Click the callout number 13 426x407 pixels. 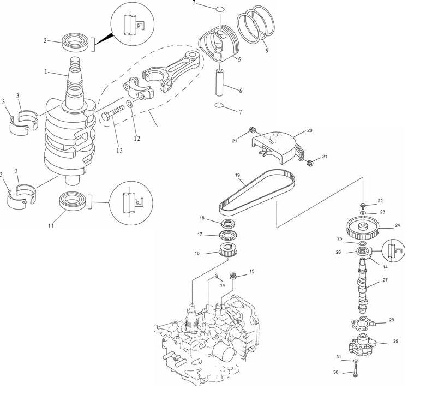tap(119, 151)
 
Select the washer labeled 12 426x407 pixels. tap(130, 104)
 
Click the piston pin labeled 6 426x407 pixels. tap(219, 82)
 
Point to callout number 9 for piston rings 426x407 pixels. tap(267, 50)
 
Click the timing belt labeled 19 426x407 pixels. tap(257, 191)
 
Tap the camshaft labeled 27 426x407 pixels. tap(363, 285)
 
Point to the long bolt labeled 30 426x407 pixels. tap(356, 370)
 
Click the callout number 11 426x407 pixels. tap(51, 225)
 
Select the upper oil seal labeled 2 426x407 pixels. tap(75, 42)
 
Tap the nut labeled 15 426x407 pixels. tap(233, 276)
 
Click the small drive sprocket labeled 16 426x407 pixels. tap(228, 250)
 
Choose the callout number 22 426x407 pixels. tap(380, 201)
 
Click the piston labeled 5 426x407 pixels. tap(219, 44)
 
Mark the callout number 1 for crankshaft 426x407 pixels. tap(46, 71)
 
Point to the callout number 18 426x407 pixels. tap(202, 218)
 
